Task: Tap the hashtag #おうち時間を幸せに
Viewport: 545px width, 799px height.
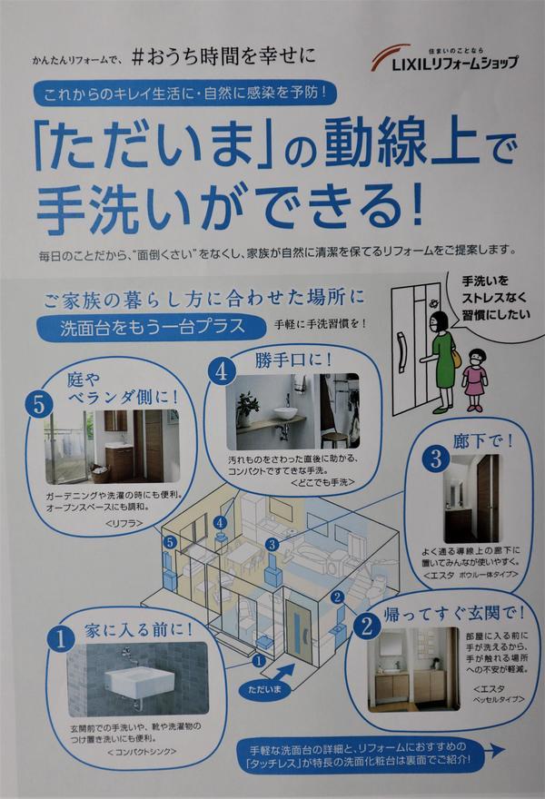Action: [x=223, y=56]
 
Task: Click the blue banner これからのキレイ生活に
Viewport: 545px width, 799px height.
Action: [x=184, y=93]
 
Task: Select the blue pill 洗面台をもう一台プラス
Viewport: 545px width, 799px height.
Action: [x=152, y=327]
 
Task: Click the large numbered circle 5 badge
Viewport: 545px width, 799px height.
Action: [x=39, y=406]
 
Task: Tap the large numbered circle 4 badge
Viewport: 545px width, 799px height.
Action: [x=222, y=371]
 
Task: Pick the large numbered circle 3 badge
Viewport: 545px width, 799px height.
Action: [x=436, y=459]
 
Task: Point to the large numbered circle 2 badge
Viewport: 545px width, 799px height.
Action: [x=367, y=626]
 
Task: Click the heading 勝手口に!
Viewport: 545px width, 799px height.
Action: [x=294, y=360]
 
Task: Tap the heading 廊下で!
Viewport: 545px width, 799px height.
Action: [x=482, y=440]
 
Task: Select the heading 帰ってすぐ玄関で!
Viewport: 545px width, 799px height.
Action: [x=454, y=614]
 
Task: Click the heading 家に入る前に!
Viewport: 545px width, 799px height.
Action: [x=139, y=630]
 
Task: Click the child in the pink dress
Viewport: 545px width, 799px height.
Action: [x=475, y=380]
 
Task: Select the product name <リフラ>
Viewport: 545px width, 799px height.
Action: [x=124, y=523]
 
